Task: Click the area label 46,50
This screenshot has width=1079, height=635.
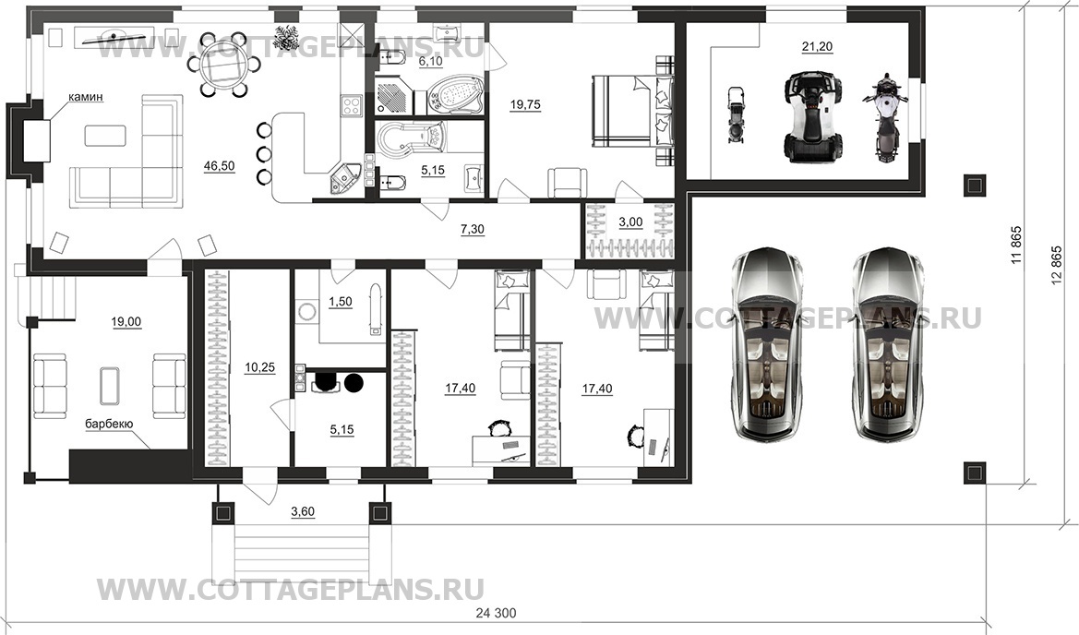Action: point(220,165)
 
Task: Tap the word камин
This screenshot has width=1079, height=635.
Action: point(85,98)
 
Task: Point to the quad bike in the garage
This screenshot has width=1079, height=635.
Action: point(812,118)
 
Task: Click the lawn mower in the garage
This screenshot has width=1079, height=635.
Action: point(737,114)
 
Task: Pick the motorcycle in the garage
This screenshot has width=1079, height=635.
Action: point(886,120)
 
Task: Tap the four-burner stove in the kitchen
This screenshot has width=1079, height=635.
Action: point(351,106)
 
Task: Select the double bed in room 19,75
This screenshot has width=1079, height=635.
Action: point(631,112)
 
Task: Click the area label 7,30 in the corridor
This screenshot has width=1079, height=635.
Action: point(472,230)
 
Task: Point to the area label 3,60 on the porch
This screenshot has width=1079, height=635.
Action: point(304,511)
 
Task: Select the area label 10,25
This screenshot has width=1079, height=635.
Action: point(259,367)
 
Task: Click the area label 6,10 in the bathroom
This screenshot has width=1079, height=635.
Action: point(431,61)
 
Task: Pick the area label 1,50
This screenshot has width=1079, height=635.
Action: point(340,303)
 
